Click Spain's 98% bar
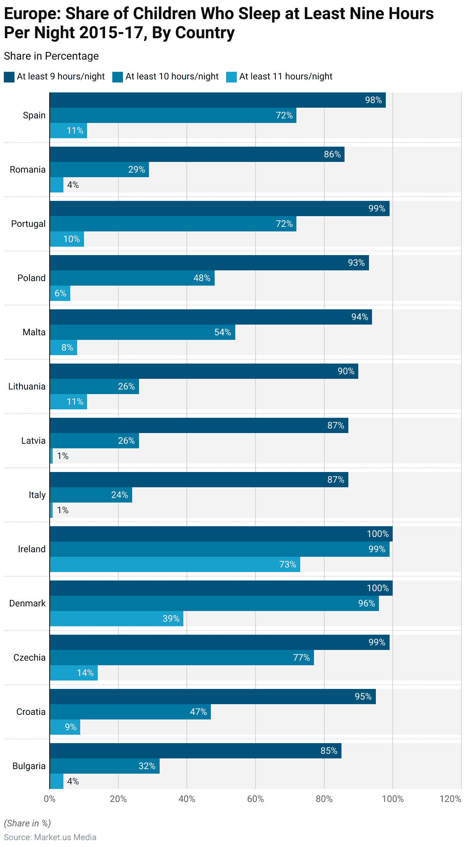pos(217,100)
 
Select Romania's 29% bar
pos(99,170)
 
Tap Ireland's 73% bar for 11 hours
pos(175,564)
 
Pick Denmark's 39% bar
pos(116,619)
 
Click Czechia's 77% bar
pos(181,658)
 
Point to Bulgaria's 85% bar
pos(195,751)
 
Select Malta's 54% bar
pos(142,332)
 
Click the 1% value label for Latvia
pos(63,456)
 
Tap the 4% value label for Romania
pos(73,185)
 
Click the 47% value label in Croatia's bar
pos(198,712)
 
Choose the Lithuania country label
pos(27,386)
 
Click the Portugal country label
pos(28,224)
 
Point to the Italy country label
pos(37,495)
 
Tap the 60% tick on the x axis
pos(256,799)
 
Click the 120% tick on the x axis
pos(450,799)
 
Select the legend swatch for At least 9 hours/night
pos(9,77)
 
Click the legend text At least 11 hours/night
pos(286,76)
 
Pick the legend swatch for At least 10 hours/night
pos(118,77)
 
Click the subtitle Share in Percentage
pos(51,56)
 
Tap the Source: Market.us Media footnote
pos(50,837)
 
